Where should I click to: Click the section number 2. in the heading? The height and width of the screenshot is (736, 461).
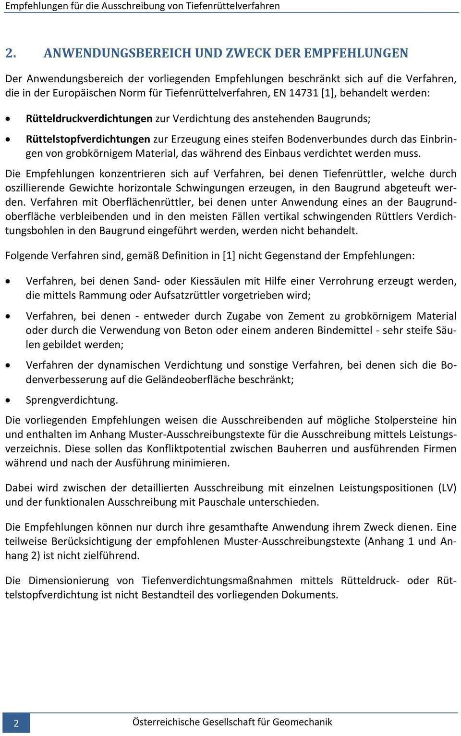12,52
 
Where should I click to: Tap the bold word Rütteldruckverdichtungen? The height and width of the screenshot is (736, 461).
89,118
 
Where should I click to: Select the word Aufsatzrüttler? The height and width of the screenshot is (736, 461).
185,295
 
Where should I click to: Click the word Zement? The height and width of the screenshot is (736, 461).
306,316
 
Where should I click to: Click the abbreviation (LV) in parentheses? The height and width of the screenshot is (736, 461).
447,487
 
